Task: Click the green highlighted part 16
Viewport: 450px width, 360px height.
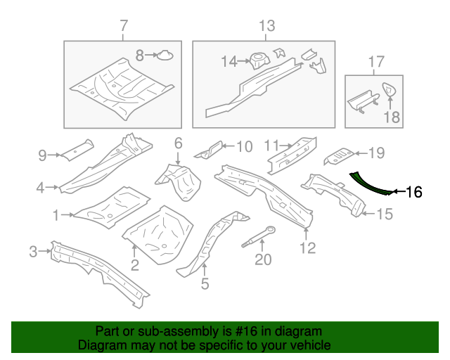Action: [368, 184]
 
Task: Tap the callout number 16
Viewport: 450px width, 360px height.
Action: [415, 191]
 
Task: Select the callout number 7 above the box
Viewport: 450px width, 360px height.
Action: [124, 26]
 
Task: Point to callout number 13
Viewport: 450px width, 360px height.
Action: [267, 26]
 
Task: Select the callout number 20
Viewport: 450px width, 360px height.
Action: [262, 260]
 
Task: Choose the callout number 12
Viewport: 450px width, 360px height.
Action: [307, 247]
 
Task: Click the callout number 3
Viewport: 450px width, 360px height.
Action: [33, 251]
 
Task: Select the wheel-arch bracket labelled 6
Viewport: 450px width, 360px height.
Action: [181, 181]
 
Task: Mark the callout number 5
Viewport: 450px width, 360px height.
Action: [205, 283]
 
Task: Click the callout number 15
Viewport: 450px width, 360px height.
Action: [384, 214]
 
